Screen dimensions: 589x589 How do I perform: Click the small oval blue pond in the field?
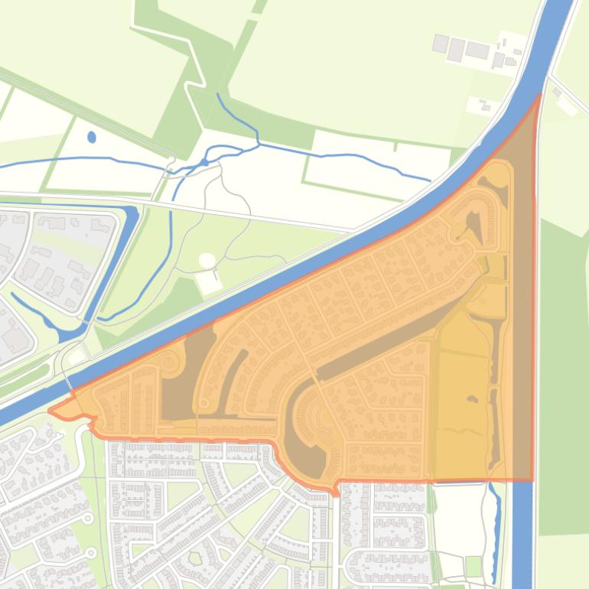point(92,138)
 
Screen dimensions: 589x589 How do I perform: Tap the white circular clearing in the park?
point(207,262)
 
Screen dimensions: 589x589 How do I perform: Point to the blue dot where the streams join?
point(204,162)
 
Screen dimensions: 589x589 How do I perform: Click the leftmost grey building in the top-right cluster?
point(440,43)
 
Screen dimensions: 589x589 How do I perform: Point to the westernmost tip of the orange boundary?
point(50,411)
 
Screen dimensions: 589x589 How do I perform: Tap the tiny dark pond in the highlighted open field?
point(472,399)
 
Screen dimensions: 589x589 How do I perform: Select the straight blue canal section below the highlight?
point(522,535)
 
